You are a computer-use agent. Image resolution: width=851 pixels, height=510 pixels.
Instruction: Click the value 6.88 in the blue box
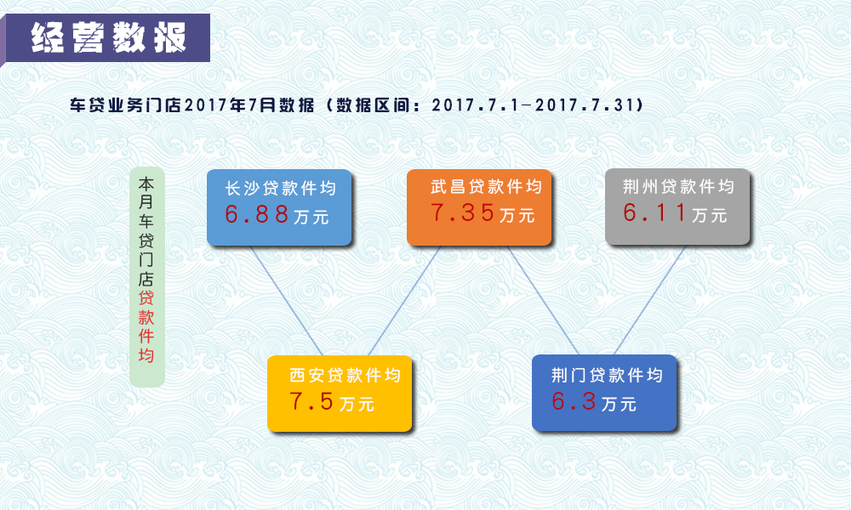pos(257,214)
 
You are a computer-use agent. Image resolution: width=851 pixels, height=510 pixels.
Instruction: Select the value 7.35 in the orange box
pos(462,213)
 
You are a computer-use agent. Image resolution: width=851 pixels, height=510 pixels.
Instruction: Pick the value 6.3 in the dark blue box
pos(574,401)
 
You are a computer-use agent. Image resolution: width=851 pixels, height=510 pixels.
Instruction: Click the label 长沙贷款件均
pos(281,188)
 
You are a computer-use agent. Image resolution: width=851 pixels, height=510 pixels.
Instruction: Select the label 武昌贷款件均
pos(486,186)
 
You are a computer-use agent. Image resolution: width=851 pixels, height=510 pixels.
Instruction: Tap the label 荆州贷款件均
pos(678,186)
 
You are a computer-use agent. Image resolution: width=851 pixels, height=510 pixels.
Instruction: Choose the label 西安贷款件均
pos(346,375)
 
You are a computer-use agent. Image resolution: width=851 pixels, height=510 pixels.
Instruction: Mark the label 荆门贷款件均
pos(608,375)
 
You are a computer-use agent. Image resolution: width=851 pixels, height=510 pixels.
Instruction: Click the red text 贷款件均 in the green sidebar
pos(146,326)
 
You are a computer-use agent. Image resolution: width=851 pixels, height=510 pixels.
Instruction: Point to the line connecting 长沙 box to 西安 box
pos(286,301)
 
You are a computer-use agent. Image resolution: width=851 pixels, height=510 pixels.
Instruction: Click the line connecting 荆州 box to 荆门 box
pos(649,300)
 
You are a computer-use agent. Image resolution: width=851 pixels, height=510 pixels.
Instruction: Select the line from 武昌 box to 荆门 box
pos(543,300)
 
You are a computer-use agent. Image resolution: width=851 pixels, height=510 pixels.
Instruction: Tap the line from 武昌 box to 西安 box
pos(403,301)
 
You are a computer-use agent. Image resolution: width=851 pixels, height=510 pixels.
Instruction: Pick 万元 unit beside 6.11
pos(710,215)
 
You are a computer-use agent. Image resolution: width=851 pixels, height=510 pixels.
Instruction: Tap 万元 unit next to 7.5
pos(357,404)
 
